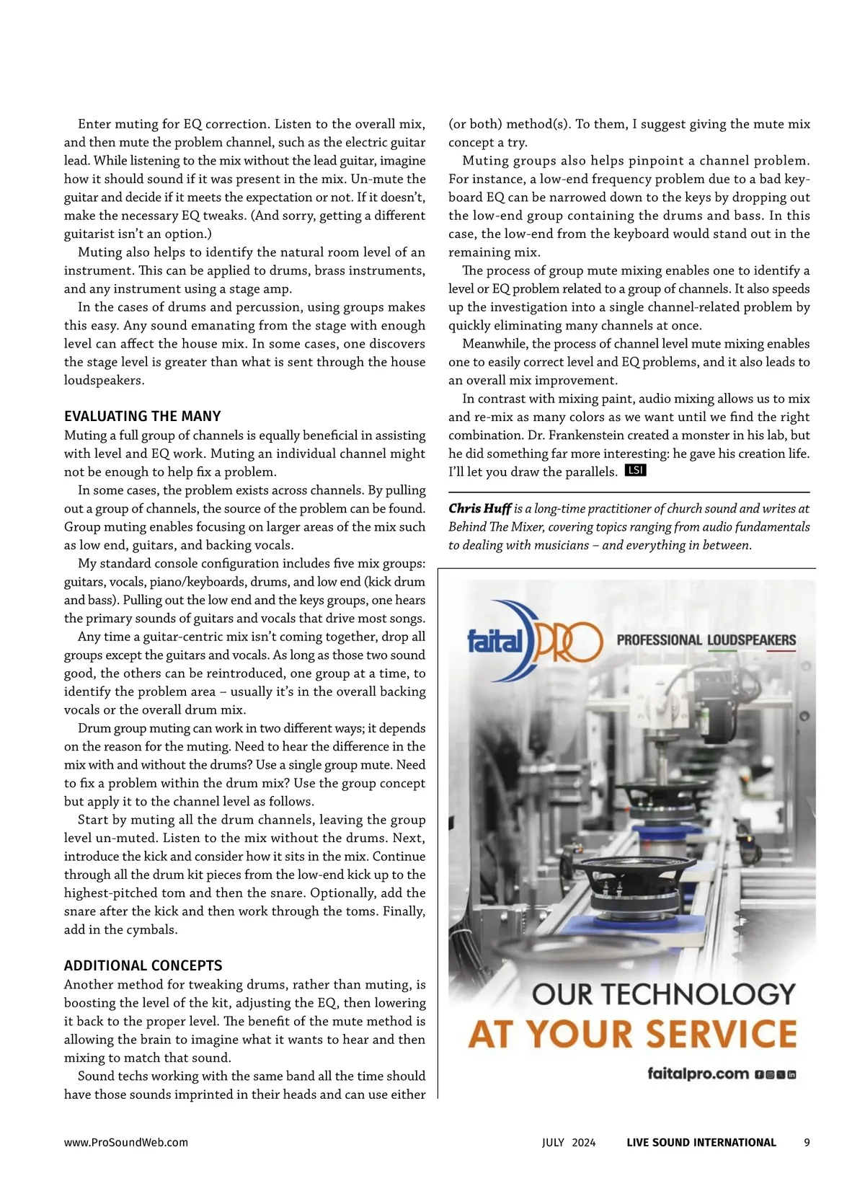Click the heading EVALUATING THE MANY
pyautogui.click(x=142, y=416)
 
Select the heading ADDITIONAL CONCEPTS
pyautogui.click(x=143, y=965)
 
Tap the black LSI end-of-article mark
pyautogui.click(x=635, y=470)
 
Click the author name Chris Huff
pyautogui.click(x=479, y=508)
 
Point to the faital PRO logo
pyautogui.click(x=534, y=640)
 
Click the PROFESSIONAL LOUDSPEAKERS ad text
pyautogui.click(x=706, y=640)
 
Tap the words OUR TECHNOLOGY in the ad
pyautogui.click(x=664, y=994)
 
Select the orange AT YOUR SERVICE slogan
pyautogui.click(x=632, y=1034)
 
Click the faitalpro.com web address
pyautogui.click(x=698, y=1074)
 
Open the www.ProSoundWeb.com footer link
pyautogui.click(x=126, y=1142)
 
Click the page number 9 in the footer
pyautogui.click(x=807, y=1142)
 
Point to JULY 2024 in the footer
pyautogui.click(x=569, y=1142)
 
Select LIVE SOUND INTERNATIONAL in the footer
pyautogui.click(x=701, y=1142)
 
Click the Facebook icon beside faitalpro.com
pyautogui.click(x=759, y=1075)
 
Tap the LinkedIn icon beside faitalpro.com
pyautogui.click(x=791, y=1075)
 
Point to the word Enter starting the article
pyautogui.click(x=94, y=124)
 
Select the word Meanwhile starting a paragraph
pyautogui.click(x=492, y=343)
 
